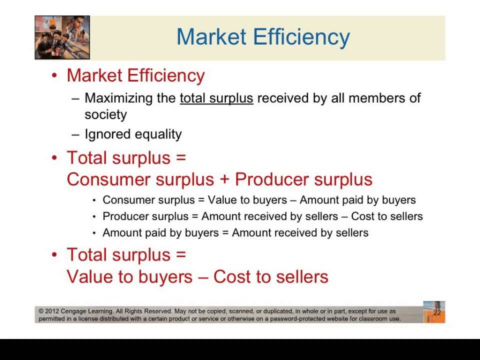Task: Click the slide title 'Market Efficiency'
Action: (x=263, y=37)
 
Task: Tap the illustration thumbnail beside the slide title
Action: (x=62, y=37)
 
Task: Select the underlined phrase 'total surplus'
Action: (x=216, y=98)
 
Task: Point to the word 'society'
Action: (x=105, y=114)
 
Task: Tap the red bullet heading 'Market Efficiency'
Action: (x=135, y=75)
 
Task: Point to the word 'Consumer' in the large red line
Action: (x=108, y=179)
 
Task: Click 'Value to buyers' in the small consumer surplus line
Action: (x=245, y=200)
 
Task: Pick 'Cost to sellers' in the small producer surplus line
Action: (x=387, y=216)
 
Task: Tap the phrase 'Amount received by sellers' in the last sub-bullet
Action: (x=300, y=232)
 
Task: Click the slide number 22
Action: (x=437, y=313)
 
